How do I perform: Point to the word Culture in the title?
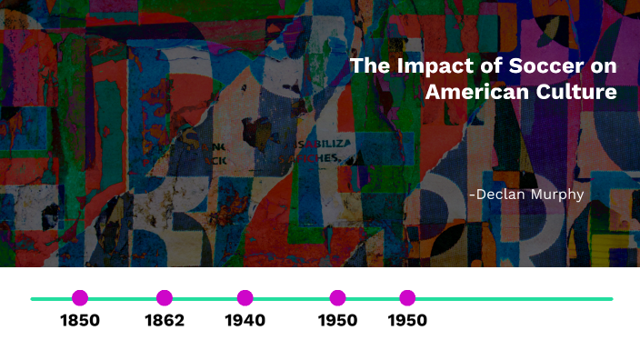(574, 93)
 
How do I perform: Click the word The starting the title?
(368, 66)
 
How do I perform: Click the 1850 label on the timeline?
(80, 321)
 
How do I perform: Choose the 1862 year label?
(165, 321)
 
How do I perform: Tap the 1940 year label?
(245, 321)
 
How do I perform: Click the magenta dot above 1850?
(80, 297)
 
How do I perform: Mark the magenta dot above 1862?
(165, 297)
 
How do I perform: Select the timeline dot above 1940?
(245, 297)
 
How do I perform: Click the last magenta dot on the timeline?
(407, 297)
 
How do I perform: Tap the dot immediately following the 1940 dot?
(337, 297)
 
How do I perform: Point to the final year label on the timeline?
(407, 321)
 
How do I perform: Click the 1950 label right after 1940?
(337, 321)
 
